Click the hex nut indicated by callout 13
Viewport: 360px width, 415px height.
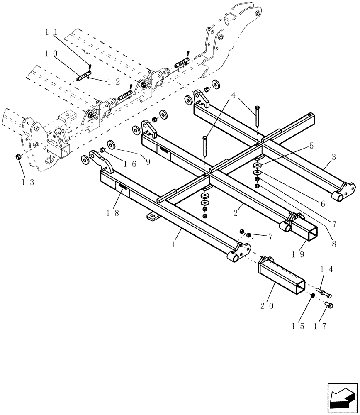(18, 157)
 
